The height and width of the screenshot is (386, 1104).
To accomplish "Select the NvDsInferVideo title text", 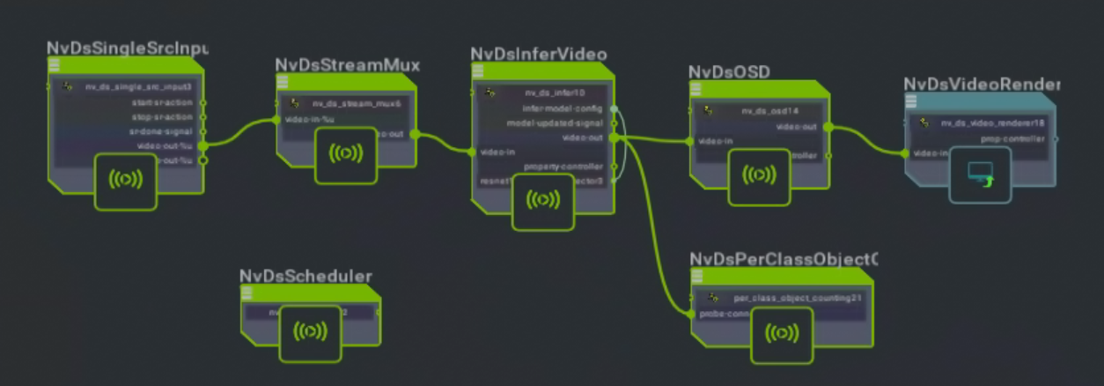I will pyautogui.click(x=538, y=55).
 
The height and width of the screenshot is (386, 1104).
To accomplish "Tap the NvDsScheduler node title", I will pyautogui.click(x=305, y=276).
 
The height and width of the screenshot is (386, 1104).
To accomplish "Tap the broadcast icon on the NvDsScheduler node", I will pyautogui.click(x=310, y=331).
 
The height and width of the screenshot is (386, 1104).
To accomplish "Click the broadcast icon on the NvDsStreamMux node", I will pyautogui.click(x=346, y=154).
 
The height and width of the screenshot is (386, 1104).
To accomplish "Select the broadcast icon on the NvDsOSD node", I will pyautogui.click(x=759, y=175).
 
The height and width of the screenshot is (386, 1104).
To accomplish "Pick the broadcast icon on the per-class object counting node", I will pyautogui.click(x=782, y=334).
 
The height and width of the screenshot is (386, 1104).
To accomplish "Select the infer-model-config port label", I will pyautogui.click(x=563, y=108).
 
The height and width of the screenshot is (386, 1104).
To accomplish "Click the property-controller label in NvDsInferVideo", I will pyautogui.click(x=563, y=167).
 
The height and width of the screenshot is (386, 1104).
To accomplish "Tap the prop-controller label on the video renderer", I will pyautogui.click(x=1012, y=138).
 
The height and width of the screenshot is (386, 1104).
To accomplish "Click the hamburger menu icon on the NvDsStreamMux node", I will pyautogui.click(x=283, y=81).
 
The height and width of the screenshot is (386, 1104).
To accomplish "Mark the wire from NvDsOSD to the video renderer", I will pyautogui.click(x=866, y=141).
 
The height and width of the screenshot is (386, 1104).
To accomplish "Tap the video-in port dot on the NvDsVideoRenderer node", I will pyautogui.click(x=905, y=153).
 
